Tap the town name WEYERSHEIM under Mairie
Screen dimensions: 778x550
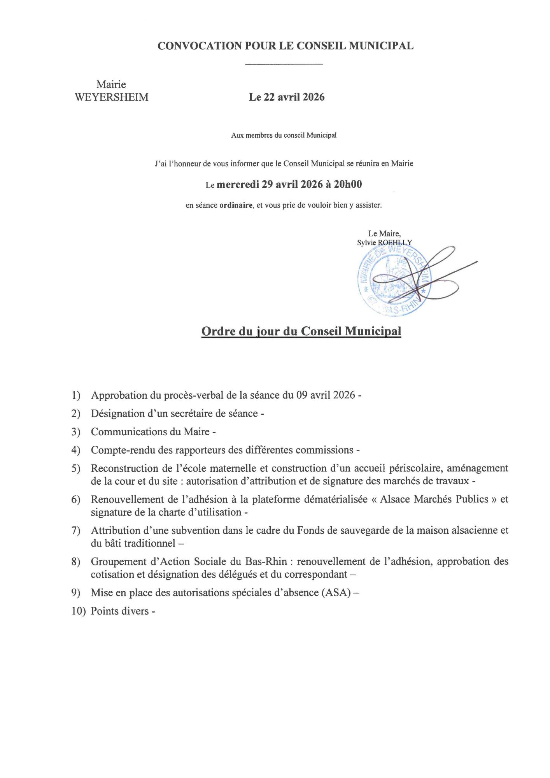[x=112, y=97]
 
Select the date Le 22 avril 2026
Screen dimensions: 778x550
[x=287, y=97]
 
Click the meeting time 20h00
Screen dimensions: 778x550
[x=348, y=184]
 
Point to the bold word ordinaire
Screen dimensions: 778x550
[x=236, y=205]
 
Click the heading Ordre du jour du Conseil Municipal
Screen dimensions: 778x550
[x=301, y=331]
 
